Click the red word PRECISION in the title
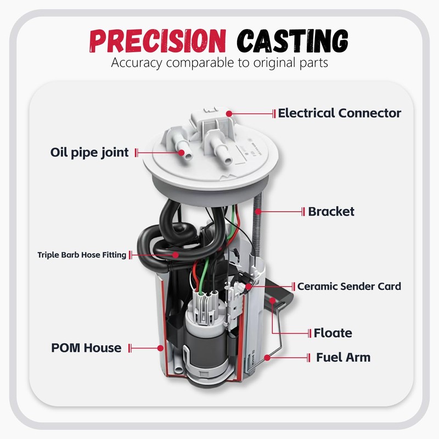[157, 41]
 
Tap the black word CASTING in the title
[292, 41]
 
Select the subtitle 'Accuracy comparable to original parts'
[219, 63]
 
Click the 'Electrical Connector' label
[339, 113]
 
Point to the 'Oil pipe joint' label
[89, 153]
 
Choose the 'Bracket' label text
[331, 211]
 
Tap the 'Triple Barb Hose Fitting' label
[82, 255]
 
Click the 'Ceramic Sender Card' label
[349, 286]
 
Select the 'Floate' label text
[333, 333]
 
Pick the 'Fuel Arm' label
[343, 357]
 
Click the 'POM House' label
[86, 348]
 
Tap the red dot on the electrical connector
[229, 114]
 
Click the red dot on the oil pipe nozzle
[182, 153]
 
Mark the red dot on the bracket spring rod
[258, 211]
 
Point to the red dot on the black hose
[176, 255]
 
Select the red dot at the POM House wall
[160, 348]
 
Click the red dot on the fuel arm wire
[267, 358]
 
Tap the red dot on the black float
[272, 300]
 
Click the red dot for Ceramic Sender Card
[249, 286]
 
